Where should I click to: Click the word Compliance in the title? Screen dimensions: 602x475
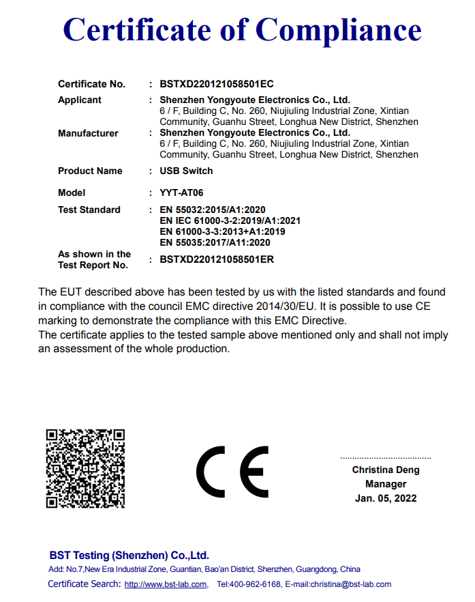click(x=338, y=29)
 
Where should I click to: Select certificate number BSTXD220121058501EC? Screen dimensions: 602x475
click(x=216, y=84)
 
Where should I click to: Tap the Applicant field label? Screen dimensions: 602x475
click(x=80, y=100)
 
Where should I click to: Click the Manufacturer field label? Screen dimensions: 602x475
click(x=88, y=133)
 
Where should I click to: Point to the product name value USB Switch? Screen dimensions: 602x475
click(x=186, y=171)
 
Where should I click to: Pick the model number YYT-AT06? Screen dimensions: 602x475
click(x=181, y=192)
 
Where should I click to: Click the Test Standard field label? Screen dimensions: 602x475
click(x=89, y=210)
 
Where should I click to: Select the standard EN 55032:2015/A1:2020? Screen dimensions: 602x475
click(x=212, y=210)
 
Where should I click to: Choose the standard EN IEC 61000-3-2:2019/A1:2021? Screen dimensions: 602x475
click(x=230, y=220)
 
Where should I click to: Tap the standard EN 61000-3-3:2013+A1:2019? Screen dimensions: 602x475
click(x=222, y=231)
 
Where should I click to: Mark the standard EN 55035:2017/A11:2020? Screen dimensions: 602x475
click(x=215, y=242)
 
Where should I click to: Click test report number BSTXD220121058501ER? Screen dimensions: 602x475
click(x=216, y=259)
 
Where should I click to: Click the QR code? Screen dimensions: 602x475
click(x=85, y=468)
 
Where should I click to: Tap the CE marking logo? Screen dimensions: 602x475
click(x=232, y=472)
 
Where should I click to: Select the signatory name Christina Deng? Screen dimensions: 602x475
click(x=386, y=470)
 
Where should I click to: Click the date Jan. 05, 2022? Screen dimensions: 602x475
click(x=386, y=498)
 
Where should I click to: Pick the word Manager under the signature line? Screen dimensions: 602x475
click(x=386, y=484)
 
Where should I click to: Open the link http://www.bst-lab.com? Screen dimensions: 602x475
click(x=166, y=584)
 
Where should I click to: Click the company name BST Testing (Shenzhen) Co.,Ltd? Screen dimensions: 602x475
click(x=129, y=555)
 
